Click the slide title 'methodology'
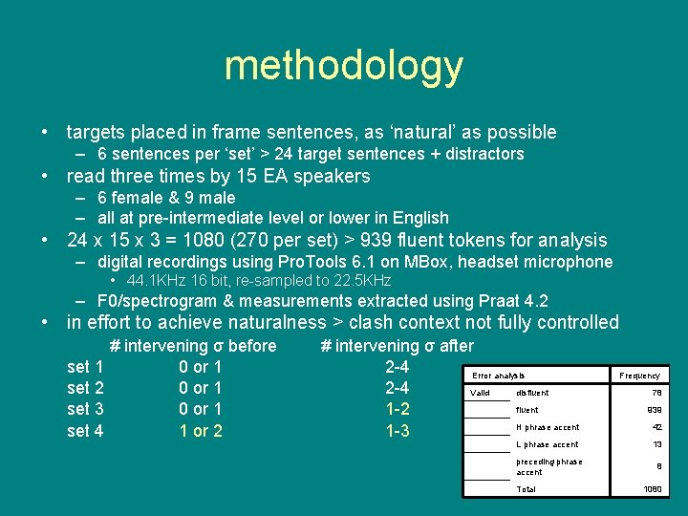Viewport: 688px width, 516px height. (343, 66)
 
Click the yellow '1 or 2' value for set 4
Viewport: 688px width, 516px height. (201, 431)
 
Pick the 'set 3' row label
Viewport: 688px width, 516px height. (86, 409)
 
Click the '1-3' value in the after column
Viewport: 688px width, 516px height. (398, 431)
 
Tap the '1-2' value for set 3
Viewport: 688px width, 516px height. (398, 409)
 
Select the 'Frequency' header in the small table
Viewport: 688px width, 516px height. (639, 376)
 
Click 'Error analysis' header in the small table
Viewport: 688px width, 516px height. (499, 376)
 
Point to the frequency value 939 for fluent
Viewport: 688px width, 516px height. (654, 410)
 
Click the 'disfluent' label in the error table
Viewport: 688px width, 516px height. (532, 393)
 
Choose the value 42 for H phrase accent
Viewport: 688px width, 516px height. (656, 427)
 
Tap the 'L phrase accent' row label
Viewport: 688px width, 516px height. (547, 444)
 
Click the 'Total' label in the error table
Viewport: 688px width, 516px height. (526, 489)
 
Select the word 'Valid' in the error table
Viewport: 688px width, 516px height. (481, 393)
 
